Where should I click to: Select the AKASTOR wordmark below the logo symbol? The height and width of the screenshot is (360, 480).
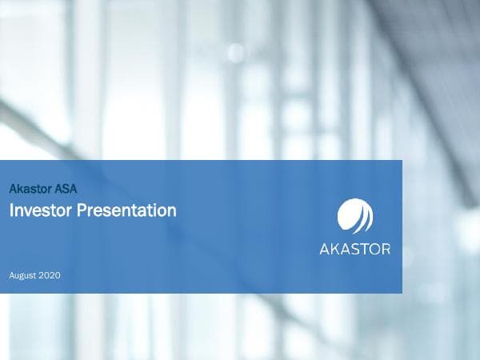tap(354, 249)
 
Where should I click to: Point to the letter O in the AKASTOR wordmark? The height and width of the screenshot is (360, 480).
tap(376, 249)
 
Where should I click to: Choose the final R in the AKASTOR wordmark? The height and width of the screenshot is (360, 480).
tap(386, 249)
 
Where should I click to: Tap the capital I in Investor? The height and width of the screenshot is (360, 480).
tap(11, 211)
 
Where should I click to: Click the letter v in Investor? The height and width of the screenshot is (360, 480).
tap(26, 212)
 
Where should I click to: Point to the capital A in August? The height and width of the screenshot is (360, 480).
tap(12, 276)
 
